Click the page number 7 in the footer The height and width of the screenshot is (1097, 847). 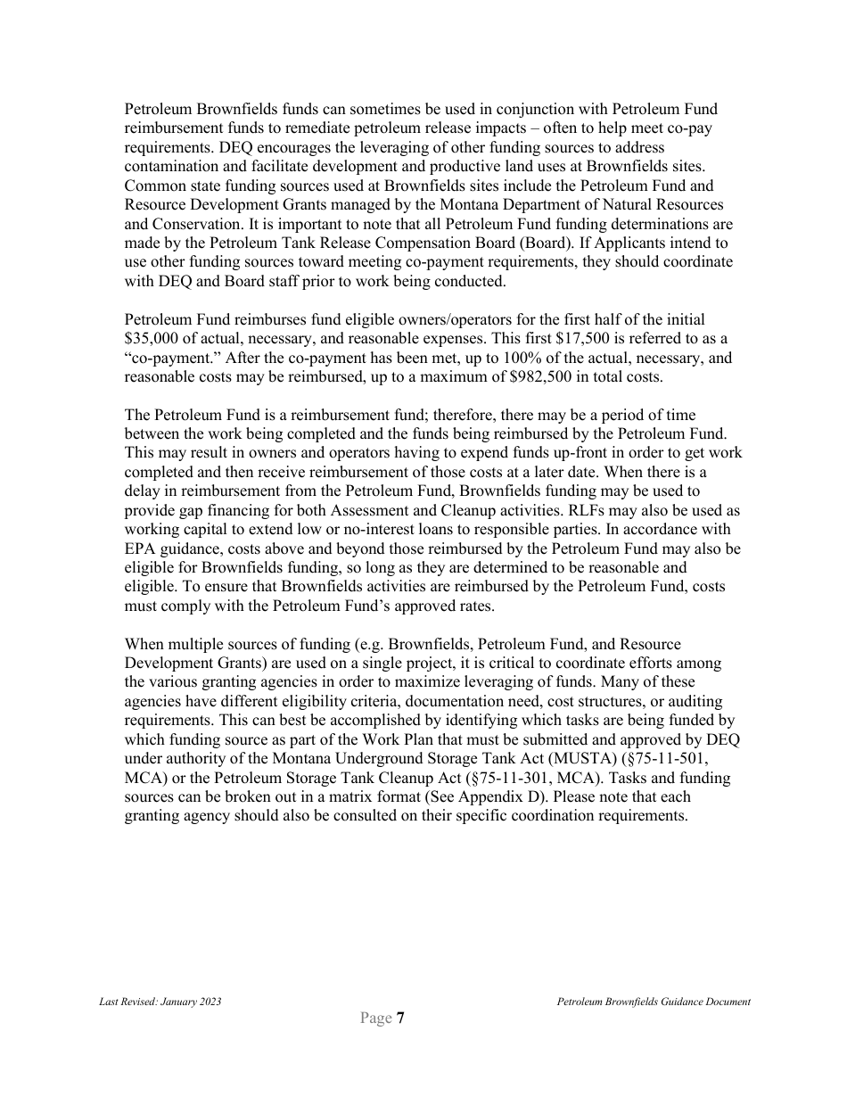pyautogui.click(x=401, y=1019)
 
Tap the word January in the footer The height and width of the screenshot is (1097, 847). pyautogui.click(x=179, y=1002)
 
